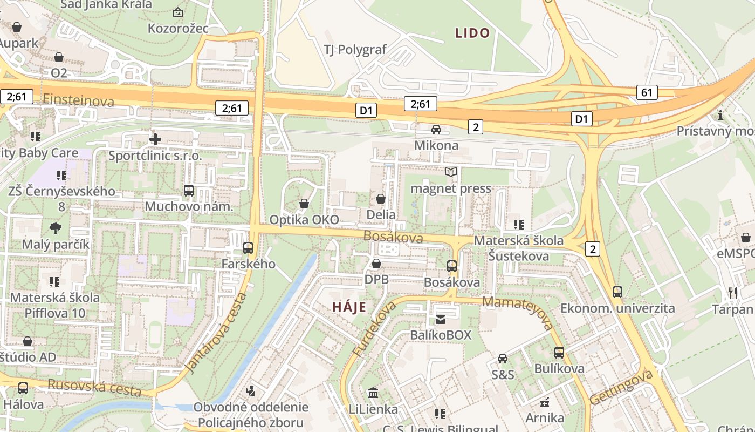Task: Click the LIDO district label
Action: pyautogui.click(x=472, y=33)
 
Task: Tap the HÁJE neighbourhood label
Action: pyautogui.click(x=349, y=307)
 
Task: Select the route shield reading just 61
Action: pyautogui.click(x=647, y=92)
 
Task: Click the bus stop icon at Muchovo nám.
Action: pyautogui.click(x=189, y=190)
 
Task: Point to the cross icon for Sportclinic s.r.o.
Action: pyautogui.click(x=155, y=139)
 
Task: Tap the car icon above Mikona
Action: pyautogui.click(x=436, y=130)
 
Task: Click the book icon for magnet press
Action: pyautogui.click(x=451, y=172)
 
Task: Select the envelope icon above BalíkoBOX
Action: pyautogui.click(x=441, y=319)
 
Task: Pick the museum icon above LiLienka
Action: pyautogui.click(x=373, y=393)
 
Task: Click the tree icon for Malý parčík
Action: pyautogui.click(x=55, y=228)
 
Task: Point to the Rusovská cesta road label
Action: pyautogui.click(x=94, y=387)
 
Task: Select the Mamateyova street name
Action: pyautogui.click(x=518, y=312)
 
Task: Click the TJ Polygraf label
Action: pyautogui.click(x=355, y=50)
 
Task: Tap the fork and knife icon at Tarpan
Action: pyautogui.click(x=732, y=293)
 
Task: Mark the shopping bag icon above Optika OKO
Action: pyautogui.click(x=304, y=204)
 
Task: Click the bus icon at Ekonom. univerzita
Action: pyautogui.click(x=617, y=292)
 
